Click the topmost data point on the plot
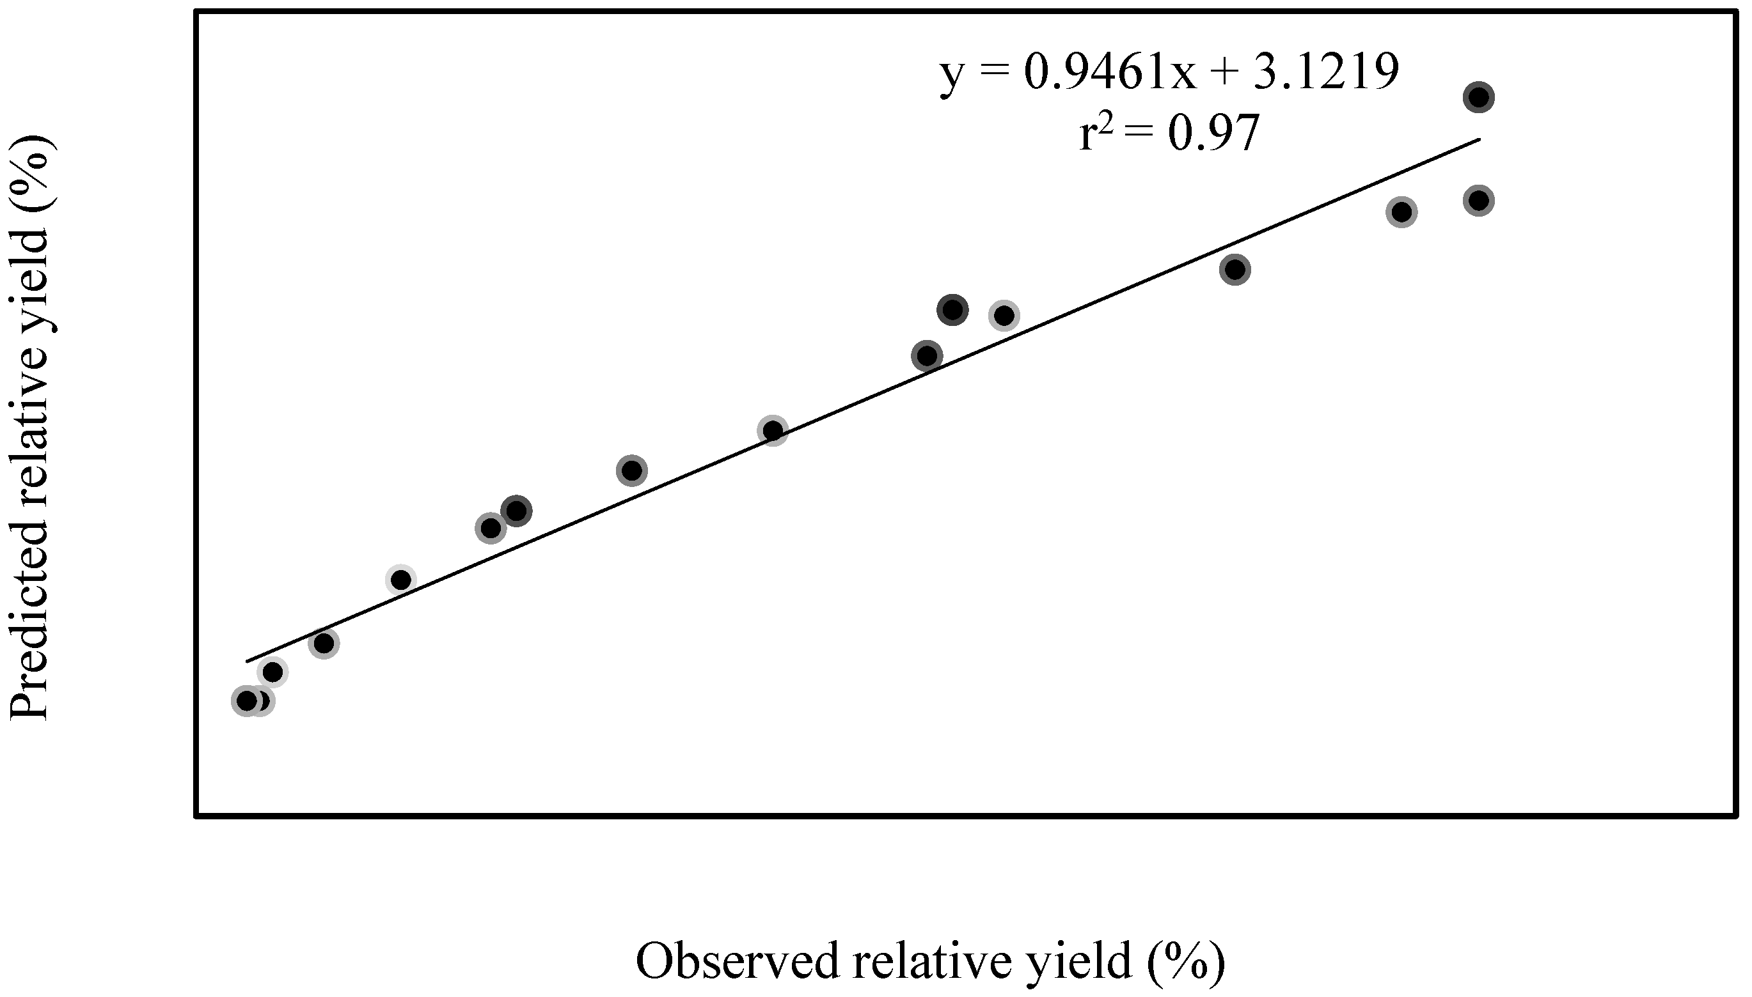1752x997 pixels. point(1479,97)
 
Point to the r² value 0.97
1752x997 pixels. point(1213,133)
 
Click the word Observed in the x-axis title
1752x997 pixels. point(738,961)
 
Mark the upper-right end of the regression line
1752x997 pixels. point(1480,139)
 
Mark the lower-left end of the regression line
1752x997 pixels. point(247,661)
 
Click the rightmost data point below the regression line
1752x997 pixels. point(1479,201)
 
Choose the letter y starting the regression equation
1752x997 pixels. point(951,74)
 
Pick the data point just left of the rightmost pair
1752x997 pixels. point(1401,212)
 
